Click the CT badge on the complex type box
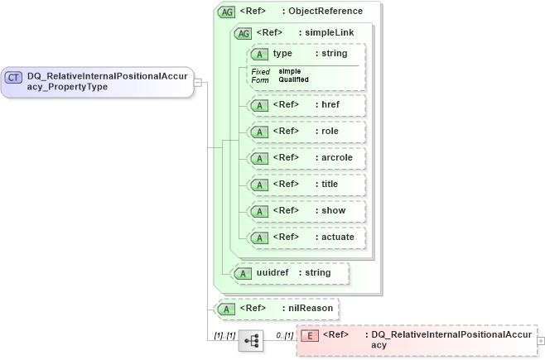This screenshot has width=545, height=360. tap(14, 77)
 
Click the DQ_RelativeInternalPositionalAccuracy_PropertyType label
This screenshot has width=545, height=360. tap(108, 81)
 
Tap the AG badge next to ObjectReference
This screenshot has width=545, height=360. tap(225, 12)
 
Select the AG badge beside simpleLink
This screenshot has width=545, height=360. tap(244, 33)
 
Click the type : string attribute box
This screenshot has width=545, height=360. tap(304, 54)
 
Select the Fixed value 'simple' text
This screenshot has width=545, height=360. tap(289, 71)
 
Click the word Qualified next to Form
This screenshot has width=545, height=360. tap(293, 79)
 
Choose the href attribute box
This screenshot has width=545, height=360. tap(304, 106)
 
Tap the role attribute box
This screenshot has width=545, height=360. tap(304, 132)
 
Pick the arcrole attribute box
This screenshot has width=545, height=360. tap(304, 158)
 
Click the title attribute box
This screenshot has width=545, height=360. tap(304, 185)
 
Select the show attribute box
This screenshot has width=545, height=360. tap(304, 211)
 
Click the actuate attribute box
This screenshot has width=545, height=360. tap(304, 238)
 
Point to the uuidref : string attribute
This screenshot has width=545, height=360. tap(290, 273)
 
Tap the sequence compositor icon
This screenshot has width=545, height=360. tap(250, 340)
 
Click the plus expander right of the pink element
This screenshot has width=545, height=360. tap(541, 340)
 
